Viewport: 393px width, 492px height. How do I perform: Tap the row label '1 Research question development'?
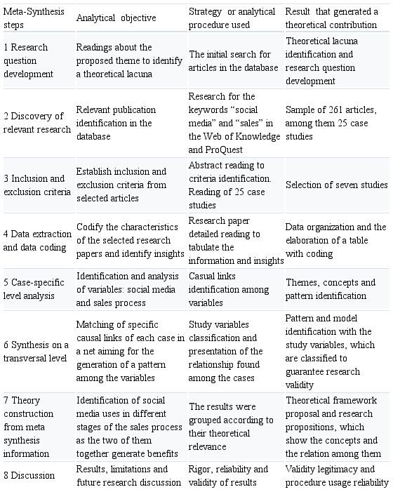pos(35,59)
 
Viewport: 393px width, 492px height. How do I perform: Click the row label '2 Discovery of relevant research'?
pos(36,123)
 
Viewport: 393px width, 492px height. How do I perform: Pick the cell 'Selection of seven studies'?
pos(336,185)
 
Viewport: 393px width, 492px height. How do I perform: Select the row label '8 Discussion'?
pos(29,475)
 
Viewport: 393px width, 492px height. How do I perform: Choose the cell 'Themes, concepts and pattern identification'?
pos(331,288)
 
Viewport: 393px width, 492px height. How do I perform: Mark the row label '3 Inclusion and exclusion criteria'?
pos(35,185)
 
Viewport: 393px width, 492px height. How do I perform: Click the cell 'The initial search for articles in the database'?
pos(234,60)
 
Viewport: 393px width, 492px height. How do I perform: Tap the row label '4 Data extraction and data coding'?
pos(36,241)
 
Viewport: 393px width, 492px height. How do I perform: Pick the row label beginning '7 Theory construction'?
pos(35,425)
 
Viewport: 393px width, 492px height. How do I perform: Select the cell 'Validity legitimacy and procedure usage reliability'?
pos(336,475)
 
